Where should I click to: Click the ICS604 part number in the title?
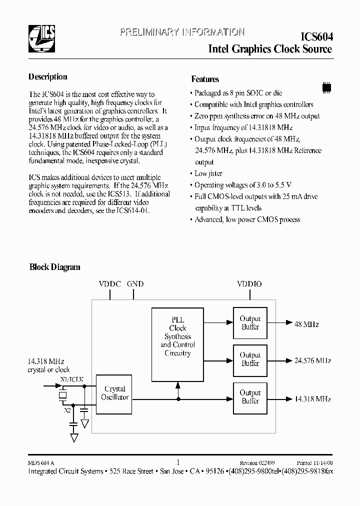[316, 37]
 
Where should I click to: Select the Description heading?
[47, 77]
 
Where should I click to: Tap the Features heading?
[205, 79]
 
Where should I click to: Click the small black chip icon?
[326, 86]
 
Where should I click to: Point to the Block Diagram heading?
[54, 267]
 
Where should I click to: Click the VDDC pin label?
[110, 284]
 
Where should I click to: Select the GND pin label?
[135, 284]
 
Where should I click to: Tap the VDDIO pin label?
[249, 284]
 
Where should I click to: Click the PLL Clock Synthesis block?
[178, 336]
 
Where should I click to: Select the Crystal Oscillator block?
[114, 393]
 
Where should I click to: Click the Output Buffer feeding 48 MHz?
[250, 323]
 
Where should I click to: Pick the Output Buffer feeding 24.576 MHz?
[250, 359]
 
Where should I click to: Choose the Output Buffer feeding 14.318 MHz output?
[250, 397]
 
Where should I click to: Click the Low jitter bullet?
[208, 173]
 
